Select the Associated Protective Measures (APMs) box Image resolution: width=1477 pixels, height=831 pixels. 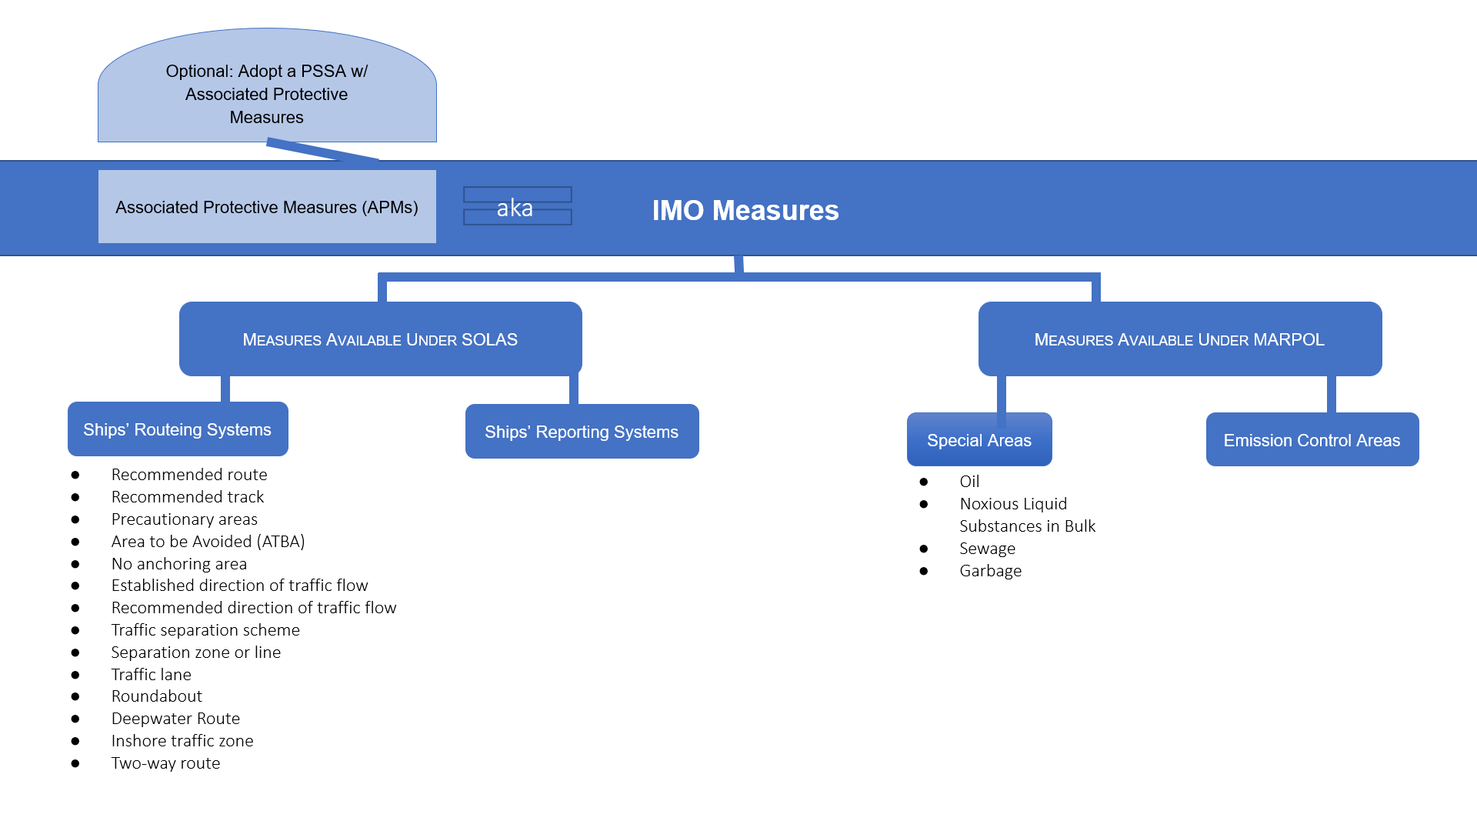pos(267,207)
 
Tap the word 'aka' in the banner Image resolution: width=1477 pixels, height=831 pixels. pos(515,208)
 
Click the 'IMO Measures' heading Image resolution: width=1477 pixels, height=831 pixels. pos(745,210)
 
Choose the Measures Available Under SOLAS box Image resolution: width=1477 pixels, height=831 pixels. pos(380,339)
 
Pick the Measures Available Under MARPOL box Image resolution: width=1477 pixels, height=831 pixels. pos(1179,339)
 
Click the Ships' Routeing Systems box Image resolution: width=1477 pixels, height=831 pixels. pos(178,429)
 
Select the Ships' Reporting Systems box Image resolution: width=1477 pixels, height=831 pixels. pos(582,432)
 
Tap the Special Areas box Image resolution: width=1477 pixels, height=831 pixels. pos(979,440)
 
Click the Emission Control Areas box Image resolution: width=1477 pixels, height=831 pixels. pos(1312,440)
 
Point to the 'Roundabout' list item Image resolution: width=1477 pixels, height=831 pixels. pos(157,696)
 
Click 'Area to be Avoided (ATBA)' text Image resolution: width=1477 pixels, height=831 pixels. pos(208,542)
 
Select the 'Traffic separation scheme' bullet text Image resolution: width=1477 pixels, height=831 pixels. pos(205,630)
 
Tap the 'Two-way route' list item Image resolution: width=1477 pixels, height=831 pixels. pos(165,763)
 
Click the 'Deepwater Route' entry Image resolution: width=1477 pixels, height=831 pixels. pos(175,719)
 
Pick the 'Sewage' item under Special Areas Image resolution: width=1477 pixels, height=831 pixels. pos(987,549)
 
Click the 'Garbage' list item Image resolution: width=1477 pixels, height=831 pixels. pos(990,571)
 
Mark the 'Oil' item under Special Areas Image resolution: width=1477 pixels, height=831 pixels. pos(969,482)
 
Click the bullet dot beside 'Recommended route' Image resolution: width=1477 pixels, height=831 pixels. pos(75,475)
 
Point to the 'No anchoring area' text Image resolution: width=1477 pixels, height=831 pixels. pos(179,564)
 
